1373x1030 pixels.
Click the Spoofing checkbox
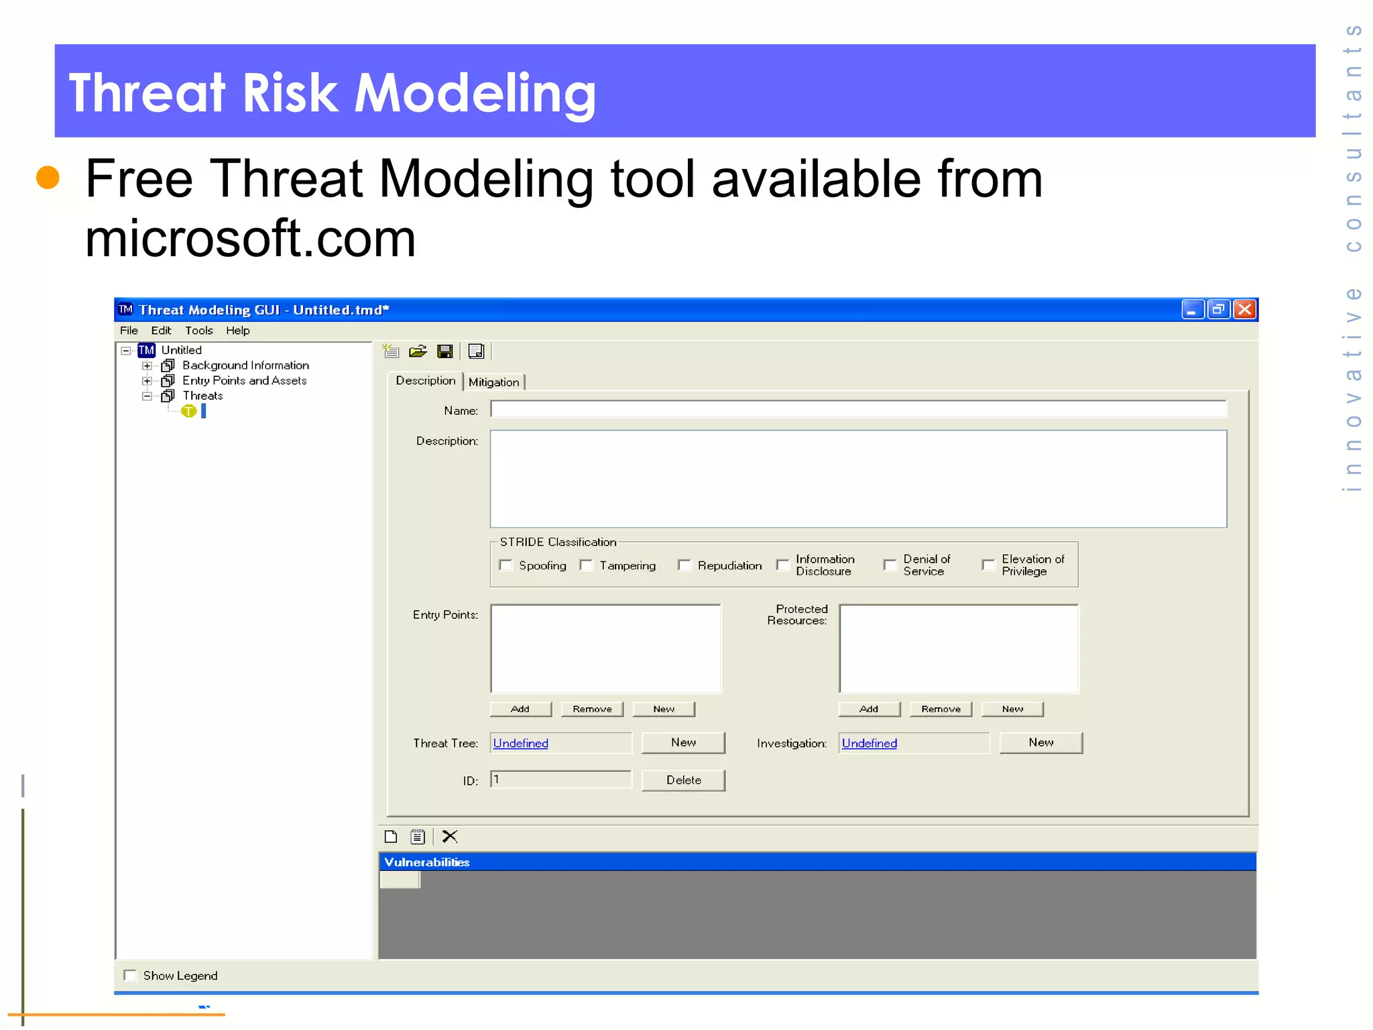point(506,565)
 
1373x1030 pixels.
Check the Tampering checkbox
point(587,565)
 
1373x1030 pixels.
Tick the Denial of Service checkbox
point(890,565)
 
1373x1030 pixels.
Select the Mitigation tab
point(493,382)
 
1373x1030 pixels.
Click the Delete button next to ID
point(683,780)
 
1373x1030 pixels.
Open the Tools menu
point(198,331)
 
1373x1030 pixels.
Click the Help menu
point(237,331)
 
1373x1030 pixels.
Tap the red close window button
point(1245,309)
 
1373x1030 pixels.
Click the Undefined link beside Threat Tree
point(521,743)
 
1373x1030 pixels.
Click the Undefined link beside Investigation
point(870,743)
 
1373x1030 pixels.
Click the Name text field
point(858,410)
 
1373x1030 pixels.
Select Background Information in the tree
point(245,365)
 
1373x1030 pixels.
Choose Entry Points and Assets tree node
point(244,381)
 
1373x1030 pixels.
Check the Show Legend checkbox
point(131,975)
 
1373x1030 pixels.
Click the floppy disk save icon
point(444,351)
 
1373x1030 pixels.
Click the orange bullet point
point(48,178)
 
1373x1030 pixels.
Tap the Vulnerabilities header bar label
point(427,862)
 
